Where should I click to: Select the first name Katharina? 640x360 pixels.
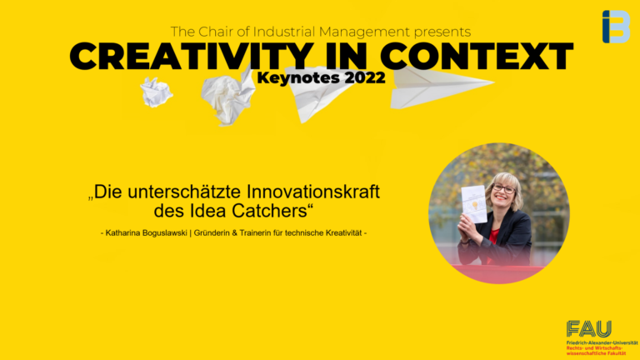click(x=127, y=232)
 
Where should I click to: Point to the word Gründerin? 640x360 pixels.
click(x=237, y=232)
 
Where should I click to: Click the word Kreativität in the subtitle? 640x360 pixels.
click(x=342, y=232)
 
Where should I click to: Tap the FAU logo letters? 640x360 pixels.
click(x=588, y=329)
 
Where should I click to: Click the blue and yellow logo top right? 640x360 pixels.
click(x=615, y=27)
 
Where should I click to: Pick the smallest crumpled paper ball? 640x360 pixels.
click(x=156, y=92)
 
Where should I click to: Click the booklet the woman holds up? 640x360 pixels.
click(x=474, y=203)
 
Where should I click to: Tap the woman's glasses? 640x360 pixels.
click(x=503, y=188)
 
